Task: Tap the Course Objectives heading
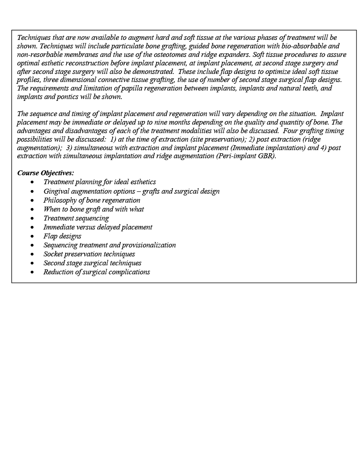pos(46,173)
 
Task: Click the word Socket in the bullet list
pos(53,254)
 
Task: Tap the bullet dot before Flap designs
pos(32,236)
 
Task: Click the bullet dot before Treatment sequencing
pos(32,218)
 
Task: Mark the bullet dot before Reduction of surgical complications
pos(32,272)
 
